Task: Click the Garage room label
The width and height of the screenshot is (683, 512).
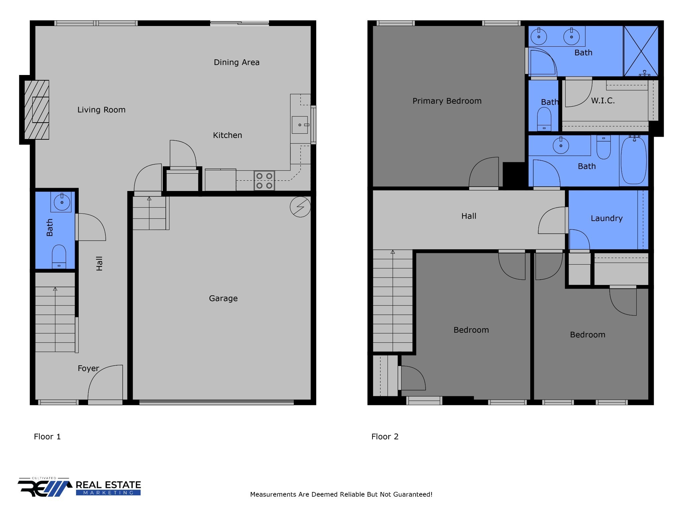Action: (x=223, y=298)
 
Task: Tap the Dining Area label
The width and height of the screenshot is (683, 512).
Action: (x=236, y=62)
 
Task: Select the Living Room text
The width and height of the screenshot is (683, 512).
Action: (x=101, y=110)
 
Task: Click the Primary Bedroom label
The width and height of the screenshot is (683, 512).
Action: (x=447, y=101)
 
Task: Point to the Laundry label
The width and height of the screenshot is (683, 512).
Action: (x=606, y=218)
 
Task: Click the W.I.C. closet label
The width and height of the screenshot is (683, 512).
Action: (x=603, y=101)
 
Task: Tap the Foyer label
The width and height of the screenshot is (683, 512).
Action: (x=88, y=368)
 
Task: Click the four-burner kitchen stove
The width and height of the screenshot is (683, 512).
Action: (x=264, y=181)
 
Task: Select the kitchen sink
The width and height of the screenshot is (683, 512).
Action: (x=300, y=125)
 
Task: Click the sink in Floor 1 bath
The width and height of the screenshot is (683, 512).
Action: (x=62, y=202)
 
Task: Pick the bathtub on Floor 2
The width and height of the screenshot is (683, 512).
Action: (x=634, y=161)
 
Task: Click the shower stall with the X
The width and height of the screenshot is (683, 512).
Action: (x=641, y=51)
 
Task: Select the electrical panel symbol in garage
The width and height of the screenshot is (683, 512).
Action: (x=300, y=207)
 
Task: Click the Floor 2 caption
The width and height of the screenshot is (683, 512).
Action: (x=385, y=437)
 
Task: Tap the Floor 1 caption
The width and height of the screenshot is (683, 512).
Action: (x=47, y=437)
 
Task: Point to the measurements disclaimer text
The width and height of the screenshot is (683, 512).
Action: (x=341, y=494)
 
